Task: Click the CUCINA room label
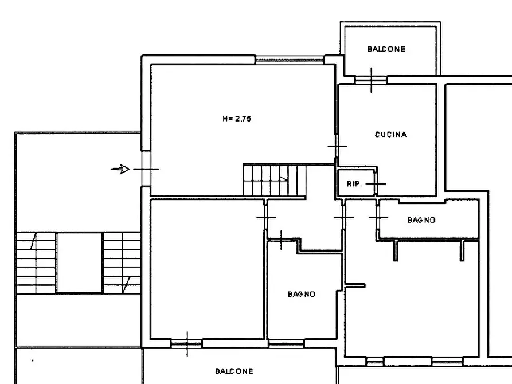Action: [391, 135]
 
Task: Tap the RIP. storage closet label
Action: [355, 184]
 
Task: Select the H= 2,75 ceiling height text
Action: [237, 119]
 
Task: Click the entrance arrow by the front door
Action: [120, 169]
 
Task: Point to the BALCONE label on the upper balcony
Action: [386, 49]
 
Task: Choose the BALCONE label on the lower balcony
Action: [234, 371]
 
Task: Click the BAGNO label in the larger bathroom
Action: [302, 294]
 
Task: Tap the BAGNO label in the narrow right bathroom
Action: [421, 220]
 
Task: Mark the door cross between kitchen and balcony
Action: [372, 80]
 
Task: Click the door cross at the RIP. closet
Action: [376, 184]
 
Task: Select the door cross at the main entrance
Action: [146, 169]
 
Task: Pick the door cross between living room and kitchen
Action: [338, 147]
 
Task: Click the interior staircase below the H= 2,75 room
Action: [274, 181]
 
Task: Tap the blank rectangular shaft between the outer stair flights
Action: [79, 262]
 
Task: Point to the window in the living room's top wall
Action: [290, 60]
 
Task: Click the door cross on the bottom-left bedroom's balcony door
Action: [187, 344]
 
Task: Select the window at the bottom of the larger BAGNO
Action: [286, 343]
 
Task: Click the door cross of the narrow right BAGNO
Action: [378, 217]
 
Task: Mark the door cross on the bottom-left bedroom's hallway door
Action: [266, 217]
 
